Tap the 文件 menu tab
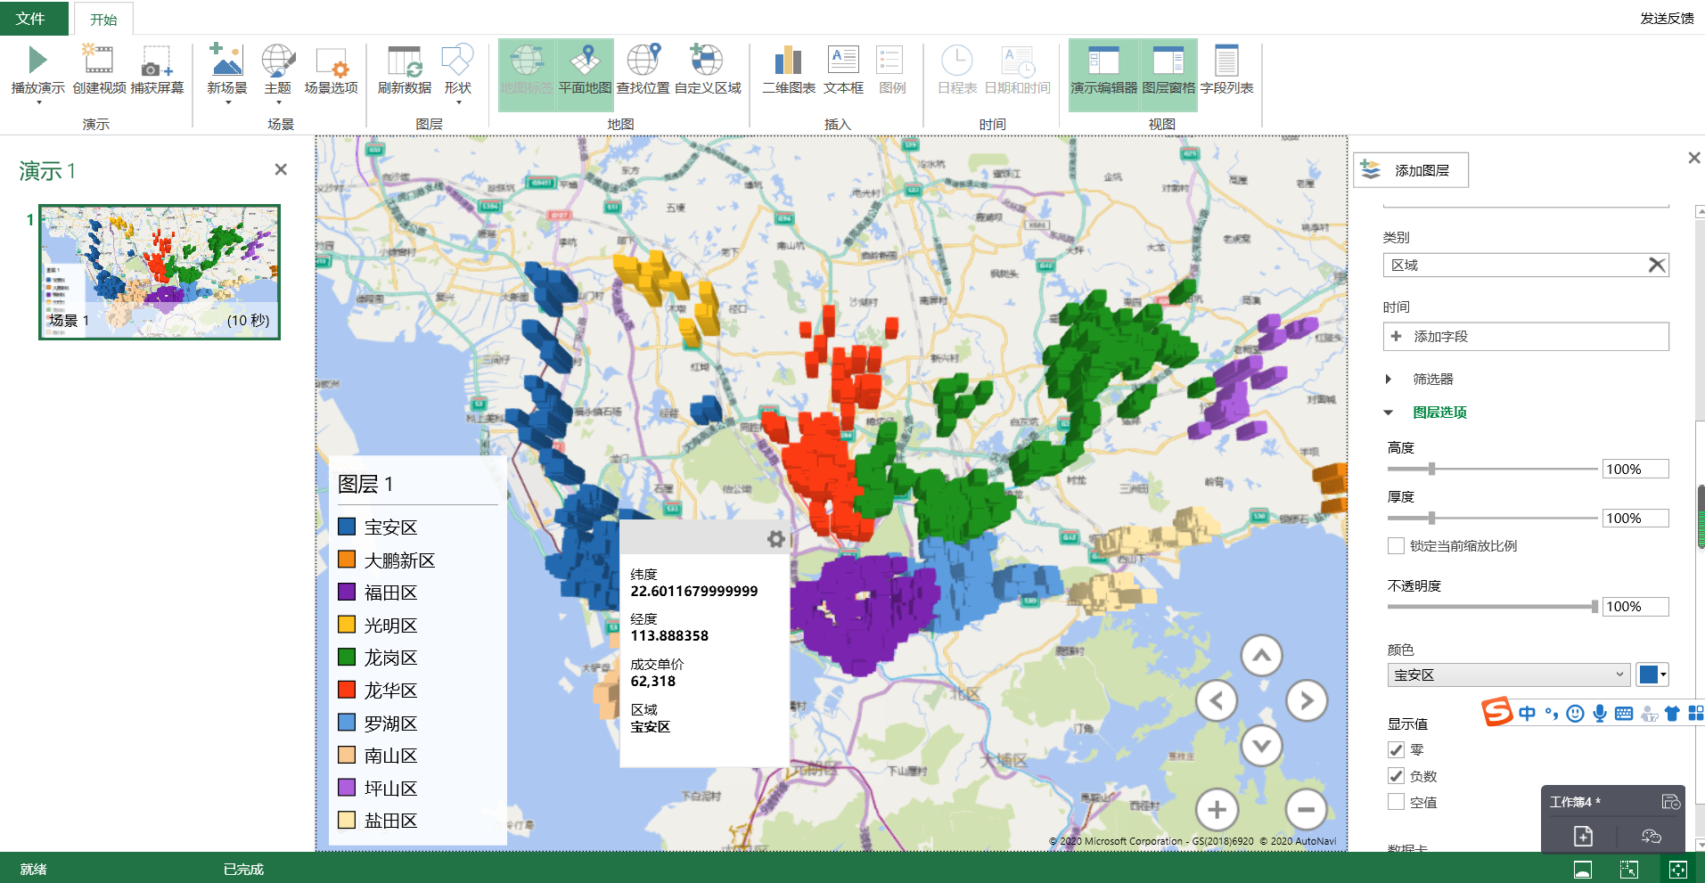click(31, 18)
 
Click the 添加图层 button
click(1410, 170)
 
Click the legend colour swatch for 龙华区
click(348, 690)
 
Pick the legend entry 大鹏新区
click(399, 560)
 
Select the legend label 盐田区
click(390, 821)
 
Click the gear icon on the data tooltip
click(775, 539)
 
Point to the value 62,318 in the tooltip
click(653, 682)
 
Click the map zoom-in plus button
click(1217, 810)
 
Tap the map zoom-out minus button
click(1307, 810)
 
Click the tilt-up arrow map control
click(1261, 657)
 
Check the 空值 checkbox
click(1397, 802)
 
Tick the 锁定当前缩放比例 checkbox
click(1397, 545)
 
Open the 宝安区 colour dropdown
click(1508, 675)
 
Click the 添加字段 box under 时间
click(1525, 337)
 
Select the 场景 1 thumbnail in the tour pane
click(160, 272)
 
